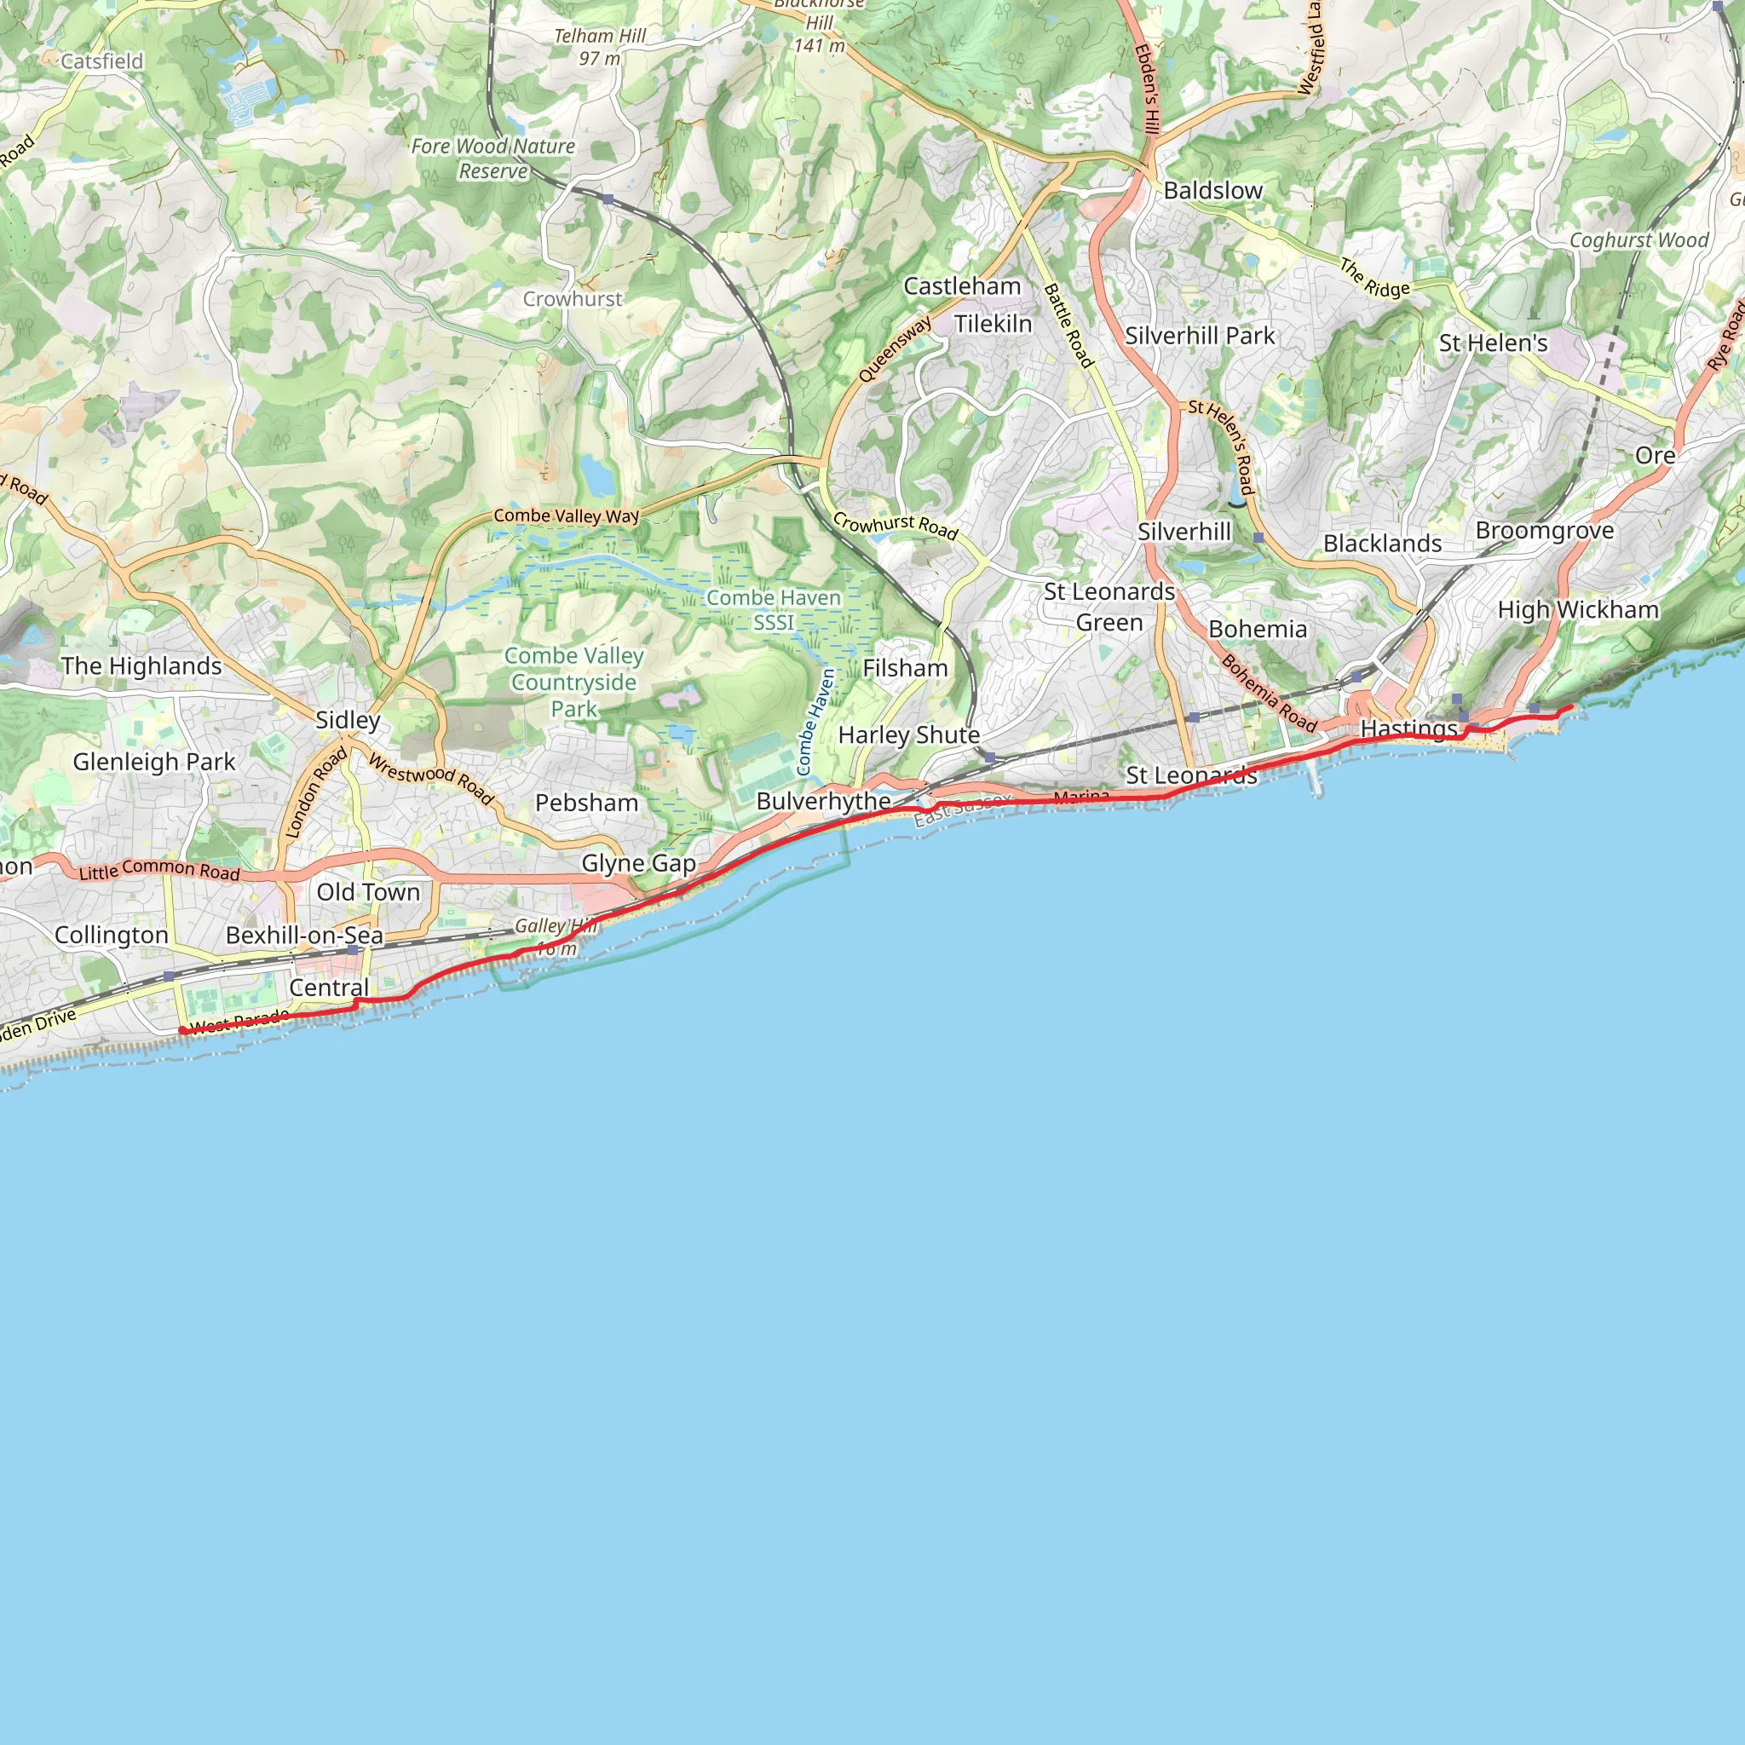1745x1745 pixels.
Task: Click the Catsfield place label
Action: [x=102, y=61]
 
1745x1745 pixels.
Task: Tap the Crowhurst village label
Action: [x=572, y=299]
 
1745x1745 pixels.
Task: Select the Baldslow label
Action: [x=1212, y=191]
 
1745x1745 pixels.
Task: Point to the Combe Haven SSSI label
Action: [x=773, y=610]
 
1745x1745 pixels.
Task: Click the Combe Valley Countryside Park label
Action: [x=573, y=682]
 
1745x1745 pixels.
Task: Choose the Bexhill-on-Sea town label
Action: [x=304, y=935]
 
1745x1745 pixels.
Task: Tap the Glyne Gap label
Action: [x=638, y=863]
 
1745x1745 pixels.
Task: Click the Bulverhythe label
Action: [x=823, y=801]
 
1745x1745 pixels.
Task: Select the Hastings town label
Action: [x=1408, y=728]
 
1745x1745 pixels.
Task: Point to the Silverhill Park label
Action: [x=1200, y=336]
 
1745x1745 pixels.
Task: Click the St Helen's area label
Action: [x=1493, y=343]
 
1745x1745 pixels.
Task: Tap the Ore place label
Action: [x=1655, y=455]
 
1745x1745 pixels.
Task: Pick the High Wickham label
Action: [x=1578, y=610]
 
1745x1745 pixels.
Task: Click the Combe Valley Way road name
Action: [x=566, y=515]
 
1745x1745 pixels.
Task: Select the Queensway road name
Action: [x=894, y=349]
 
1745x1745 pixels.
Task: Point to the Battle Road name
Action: [x=1068, y=325]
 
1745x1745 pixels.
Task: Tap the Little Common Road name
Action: [x=159, y=870]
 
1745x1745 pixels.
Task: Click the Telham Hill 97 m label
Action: [x=600, y=47]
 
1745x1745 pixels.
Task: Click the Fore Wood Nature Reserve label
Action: [x=493, y=158]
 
